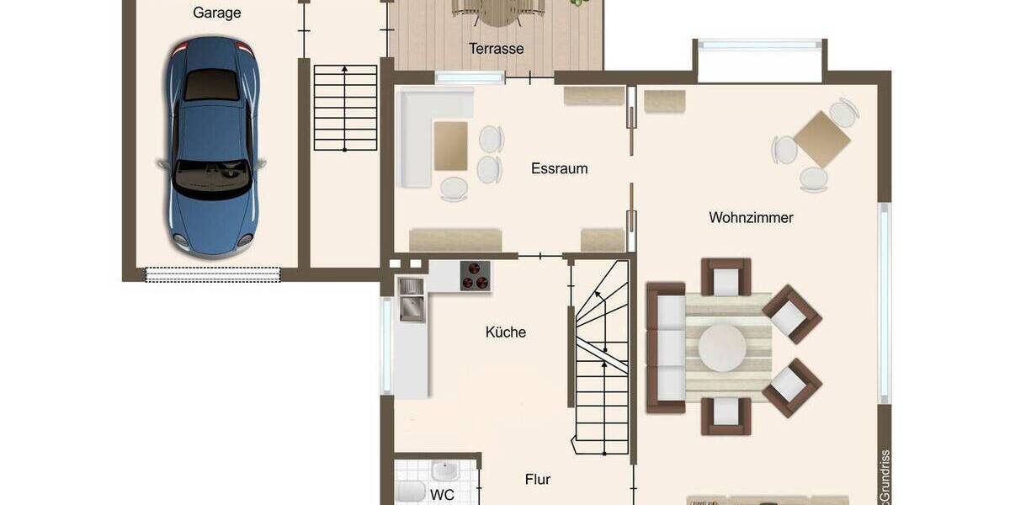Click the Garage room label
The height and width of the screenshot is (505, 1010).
pyautogui.click(x=216, y=13)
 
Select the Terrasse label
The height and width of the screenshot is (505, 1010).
pyautogui.click(x=497, y=49)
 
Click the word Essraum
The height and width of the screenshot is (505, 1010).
pyautogui.click(x=559, y=168)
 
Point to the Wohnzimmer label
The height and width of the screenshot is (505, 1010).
pyautogui.click(x=751, y=217)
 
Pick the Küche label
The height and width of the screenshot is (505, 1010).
pyautogui.click(x=506, y=332)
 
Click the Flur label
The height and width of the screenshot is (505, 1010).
pyautogui.click(x=538, y=480)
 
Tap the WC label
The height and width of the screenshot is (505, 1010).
pyautogui.click(x=442, y=495)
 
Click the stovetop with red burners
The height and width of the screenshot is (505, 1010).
pyautogui.click(x=475, y=275)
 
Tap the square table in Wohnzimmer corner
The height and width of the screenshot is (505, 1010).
pyautogui.click(x=822, y=139)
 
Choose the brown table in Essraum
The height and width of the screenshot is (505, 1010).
pyautogui.click(x=450, y=146)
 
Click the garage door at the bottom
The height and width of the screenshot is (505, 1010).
pyautogui.click(x=213, y=274)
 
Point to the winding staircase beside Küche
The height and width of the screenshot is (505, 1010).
pyautogui.click(x=602, y=353)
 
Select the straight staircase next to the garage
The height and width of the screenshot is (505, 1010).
pyautogui.click(x=345, y=108)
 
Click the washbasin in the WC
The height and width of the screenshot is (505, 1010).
pyautogui.click(x=443, y=470)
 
